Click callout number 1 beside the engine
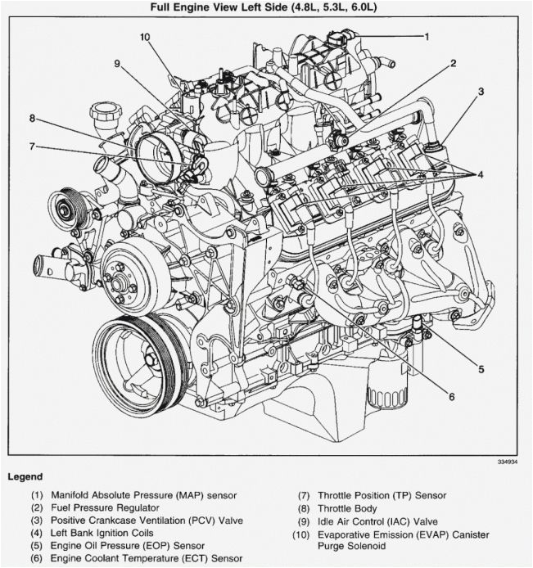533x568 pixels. pos(427,36)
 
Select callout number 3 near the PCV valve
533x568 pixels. pos(481,91)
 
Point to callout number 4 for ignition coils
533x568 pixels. pos(481,174)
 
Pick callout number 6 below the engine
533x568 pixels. pos(450,398)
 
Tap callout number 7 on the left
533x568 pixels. pos(32,147)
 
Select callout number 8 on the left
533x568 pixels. pos(32,118)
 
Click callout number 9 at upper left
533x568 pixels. pos(116,64)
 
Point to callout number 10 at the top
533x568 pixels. pos(145,37)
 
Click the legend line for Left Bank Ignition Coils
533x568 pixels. pos(109,534)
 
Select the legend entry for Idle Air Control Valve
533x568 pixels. pos(366,521)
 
